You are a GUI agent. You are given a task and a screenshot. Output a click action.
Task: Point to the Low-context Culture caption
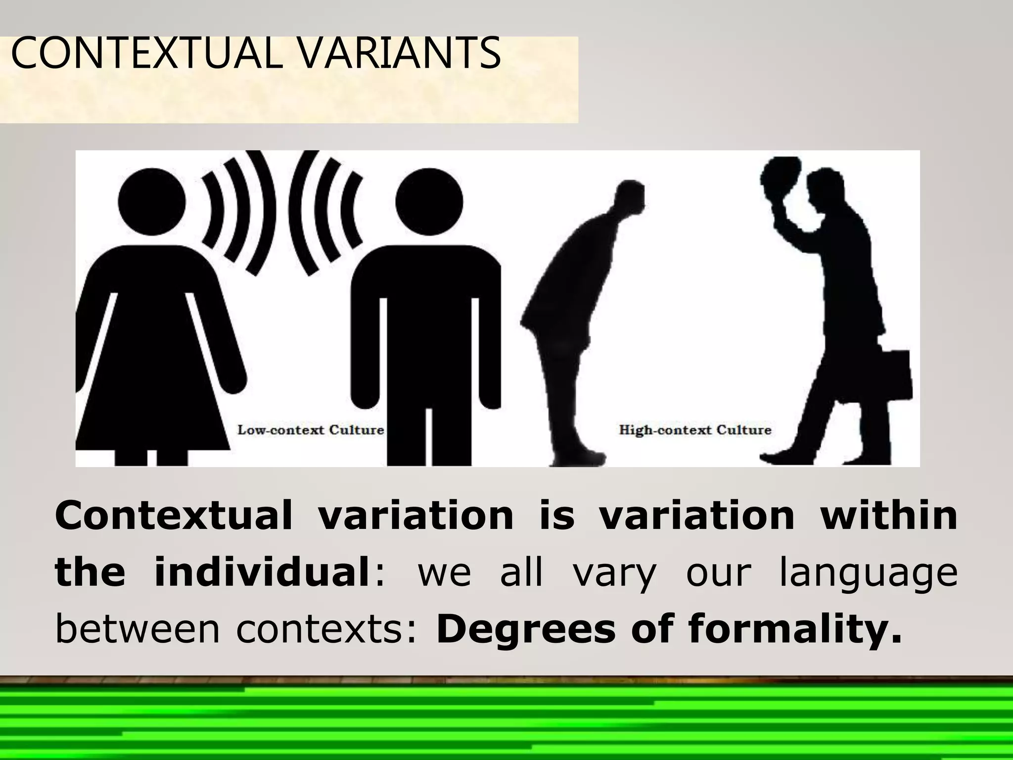coord(311,429)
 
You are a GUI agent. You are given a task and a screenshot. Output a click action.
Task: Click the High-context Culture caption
coord(695,429)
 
